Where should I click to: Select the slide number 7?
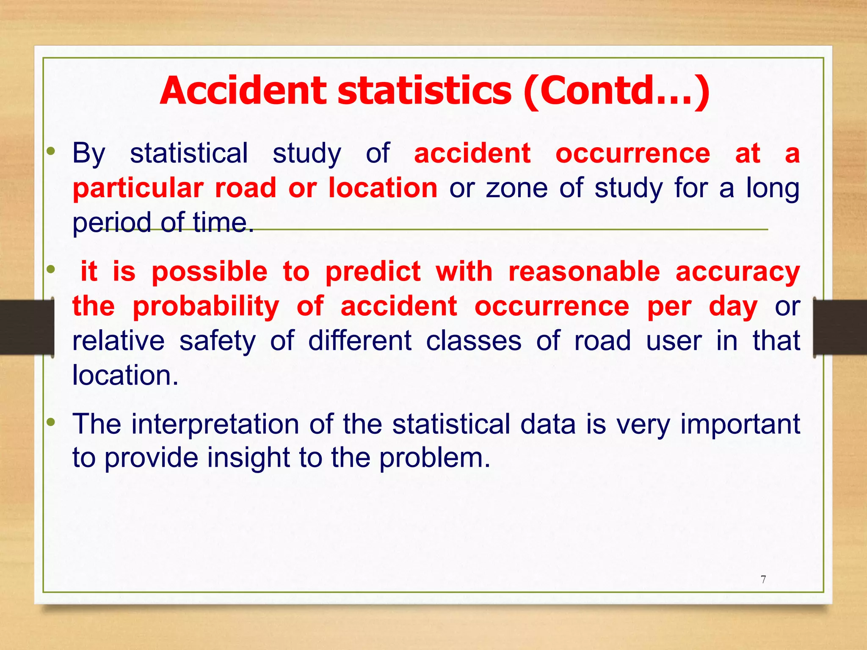click(x=763, y=579)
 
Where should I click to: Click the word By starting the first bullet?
click(x=89, y=154)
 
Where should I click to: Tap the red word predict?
click(x=373, y=272)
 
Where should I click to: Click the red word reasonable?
click(x=584, y=272)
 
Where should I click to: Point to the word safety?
click(x=218, y=341)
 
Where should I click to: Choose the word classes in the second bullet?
click(x=473, y=341)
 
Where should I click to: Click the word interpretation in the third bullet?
click(x=215, y=424)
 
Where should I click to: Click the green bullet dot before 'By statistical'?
click(x=51, y=151)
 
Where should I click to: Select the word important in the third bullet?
click(x=740, y=424)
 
